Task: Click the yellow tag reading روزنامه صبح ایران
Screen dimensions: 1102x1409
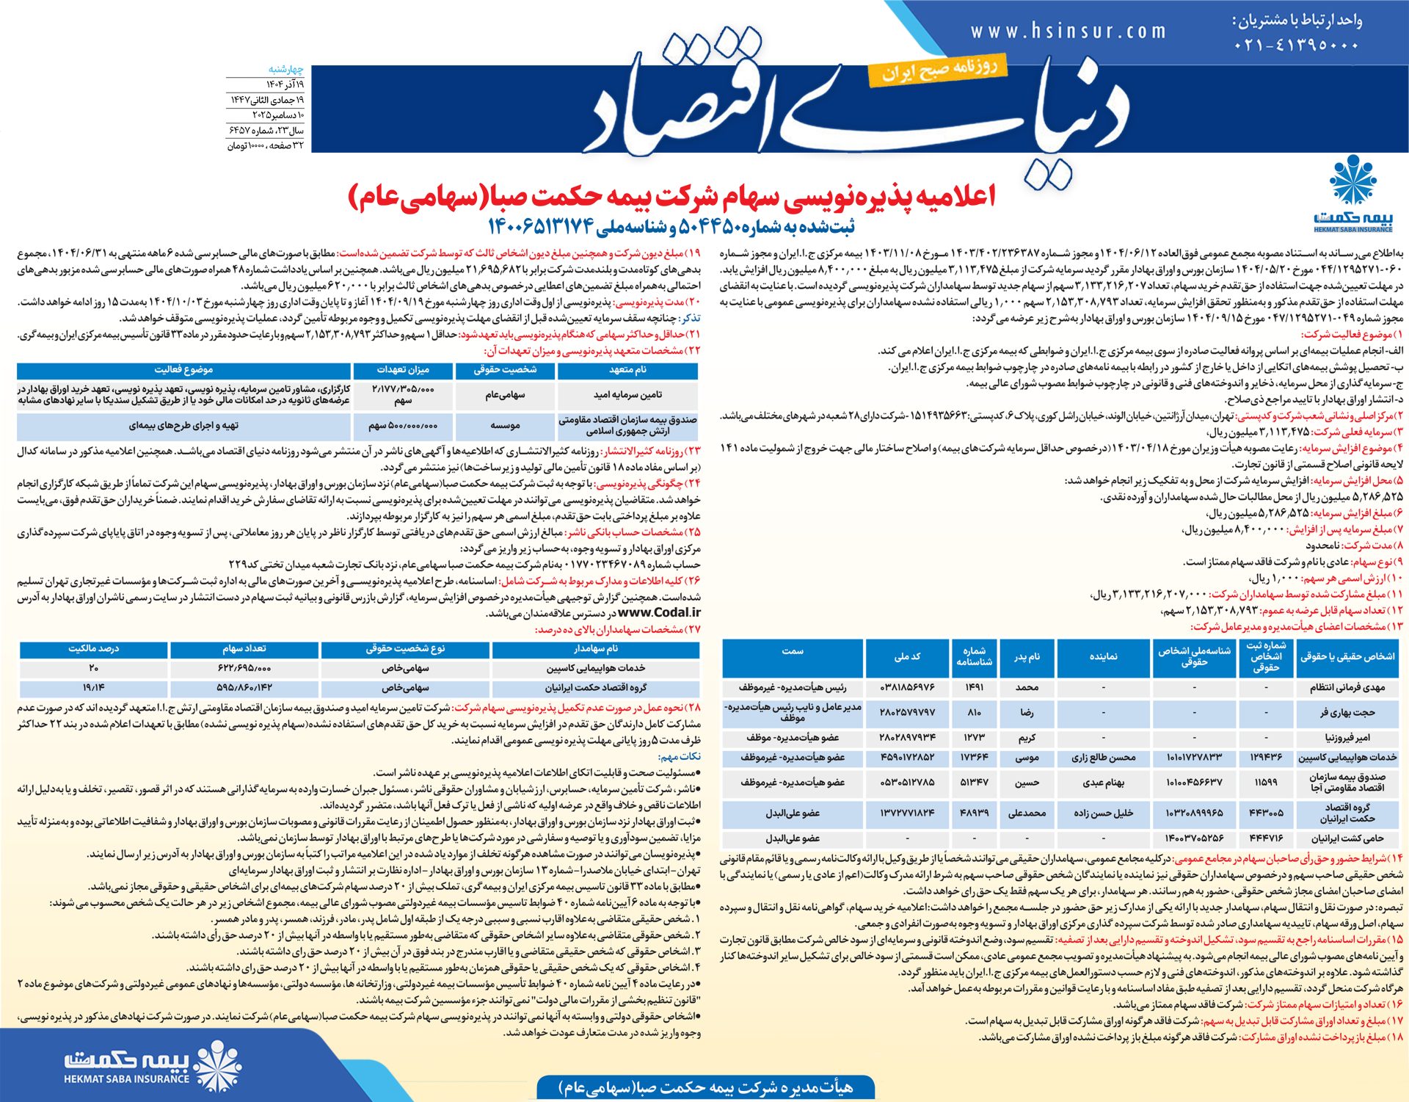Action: point(939,70)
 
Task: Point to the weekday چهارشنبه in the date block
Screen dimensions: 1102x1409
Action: point(285,69)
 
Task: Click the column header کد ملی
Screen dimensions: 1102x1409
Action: point(907,656)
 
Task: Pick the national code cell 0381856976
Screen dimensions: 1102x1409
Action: point(907,687)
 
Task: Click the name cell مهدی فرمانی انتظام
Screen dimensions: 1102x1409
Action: point(1347,687)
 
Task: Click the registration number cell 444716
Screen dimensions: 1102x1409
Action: point(1265,838)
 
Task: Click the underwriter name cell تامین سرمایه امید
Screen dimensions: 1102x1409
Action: point(627,395)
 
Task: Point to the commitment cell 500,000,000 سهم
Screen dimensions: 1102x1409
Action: point(403,425)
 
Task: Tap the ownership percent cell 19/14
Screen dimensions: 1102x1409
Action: point(94,688)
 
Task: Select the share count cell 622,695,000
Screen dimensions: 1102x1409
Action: point(244,668)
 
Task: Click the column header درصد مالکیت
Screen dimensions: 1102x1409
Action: point(94,649)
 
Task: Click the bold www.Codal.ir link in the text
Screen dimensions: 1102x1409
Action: point(658,612)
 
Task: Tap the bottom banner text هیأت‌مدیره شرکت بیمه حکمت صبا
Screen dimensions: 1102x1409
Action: point(705,1087)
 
